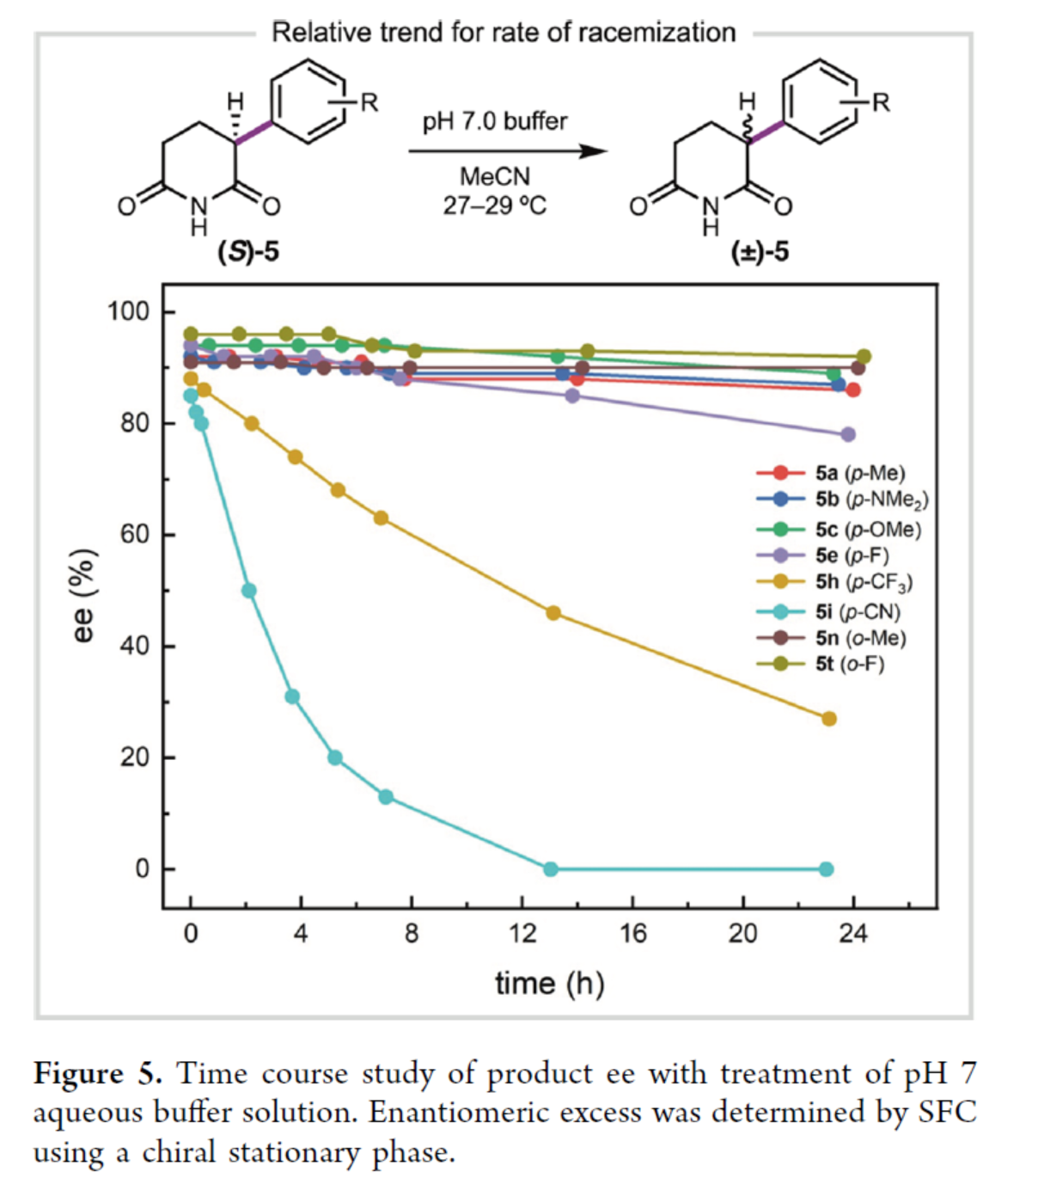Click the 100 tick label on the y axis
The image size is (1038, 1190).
(128, 311)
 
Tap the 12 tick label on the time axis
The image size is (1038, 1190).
(522, 934)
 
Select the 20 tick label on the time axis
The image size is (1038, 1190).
(742, 934)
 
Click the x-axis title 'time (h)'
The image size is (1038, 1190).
(549, 983)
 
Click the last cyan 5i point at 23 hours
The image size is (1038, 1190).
(826, 869)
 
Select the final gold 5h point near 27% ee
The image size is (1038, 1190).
(828, 719)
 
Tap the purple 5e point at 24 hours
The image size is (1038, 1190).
(848, 435)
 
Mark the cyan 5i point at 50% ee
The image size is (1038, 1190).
(249, 591)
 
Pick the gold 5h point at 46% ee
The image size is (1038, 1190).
(553, 613)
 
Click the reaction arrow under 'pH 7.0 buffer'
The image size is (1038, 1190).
(507, 151)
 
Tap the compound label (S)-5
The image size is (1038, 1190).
(248, 252)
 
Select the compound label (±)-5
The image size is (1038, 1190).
(760, 252)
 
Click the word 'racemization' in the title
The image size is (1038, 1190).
(656, 33)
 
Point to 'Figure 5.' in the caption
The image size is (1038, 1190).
(97, 1074)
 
